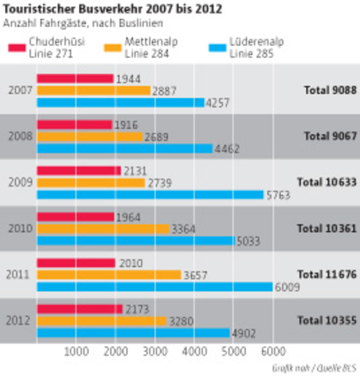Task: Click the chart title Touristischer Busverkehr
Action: pos(112,10)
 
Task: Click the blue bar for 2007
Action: pos(120,102)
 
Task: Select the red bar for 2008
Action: pos(74,125)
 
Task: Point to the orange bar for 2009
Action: pos(91,183)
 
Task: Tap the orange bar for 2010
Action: pos(103,229)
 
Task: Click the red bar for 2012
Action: pos(79,309)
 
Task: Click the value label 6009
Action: pos(287,287)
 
